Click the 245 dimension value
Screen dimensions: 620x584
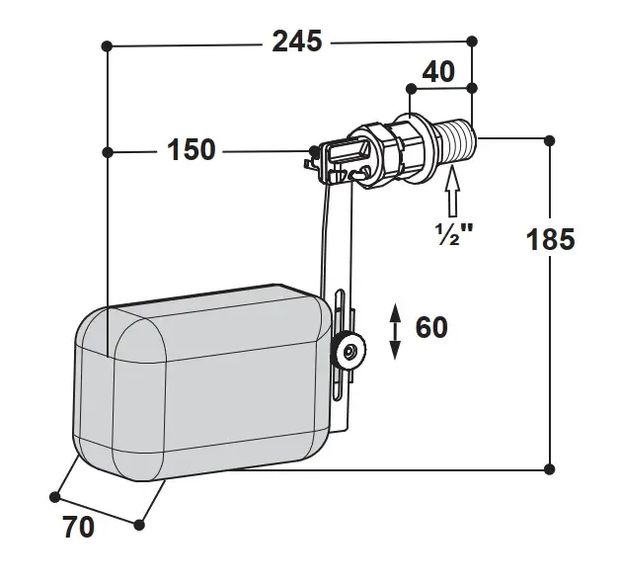pyautogui.click(x=297, y=42)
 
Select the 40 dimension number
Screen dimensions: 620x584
pyautogui.click(x=438, y=71)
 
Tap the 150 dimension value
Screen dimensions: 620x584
pyautogui.click(x=192, y=149)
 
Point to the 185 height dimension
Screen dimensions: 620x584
pyautogui.click(x=551, y=239)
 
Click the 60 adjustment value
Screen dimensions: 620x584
pyautogui.click(x=431, y=327)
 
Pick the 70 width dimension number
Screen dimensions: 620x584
pyautogui.click(x=79, y=527)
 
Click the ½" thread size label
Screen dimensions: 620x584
pyautogui.click(x=454, y=234)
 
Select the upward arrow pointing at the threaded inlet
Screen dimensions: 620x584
pyautogui.click(x=452, y=191)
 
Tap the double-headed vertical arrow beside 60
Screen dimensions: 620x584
pyautogui.click(x=395, y=332)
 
